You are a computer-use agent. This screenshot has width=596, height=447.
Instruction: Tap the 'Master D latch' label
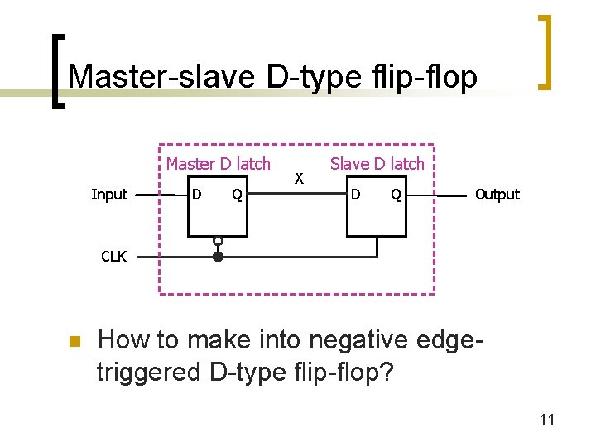pos(218,163)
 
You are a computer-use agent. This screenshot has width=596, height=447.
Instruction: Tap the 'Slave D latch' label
pos(377,163)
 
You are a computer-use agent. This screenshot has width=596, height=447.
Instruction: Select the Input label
pos(109,195)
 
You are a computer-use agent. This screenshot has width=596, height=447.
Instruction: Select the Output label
pos(497,195)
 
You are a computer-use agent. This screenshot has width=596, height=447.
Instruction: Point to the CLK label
pos(113,257)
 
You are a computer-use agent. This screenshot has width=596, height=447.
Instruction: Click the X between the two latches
pos(300,178)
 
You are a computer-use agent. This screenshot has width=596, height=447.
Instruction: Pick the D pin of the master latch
pos(196,195)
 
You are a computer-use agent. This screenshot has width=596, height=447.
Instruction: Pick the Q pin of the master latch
pos(237,195)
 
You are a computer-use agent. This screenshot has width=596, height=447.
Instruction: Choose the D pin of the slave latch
pos(355,195)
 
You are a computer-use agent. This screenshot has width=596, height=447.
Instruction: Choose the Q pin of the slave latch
pos(397,195)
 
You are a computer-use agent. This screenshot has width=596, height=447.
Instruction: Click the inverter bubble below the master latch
pos(218,241)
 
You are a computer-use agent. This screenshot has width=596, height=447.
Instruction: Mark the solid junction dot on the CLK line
pos(218,257)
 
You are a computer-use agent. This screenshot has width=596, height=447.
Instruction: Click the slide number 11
pos(546,420)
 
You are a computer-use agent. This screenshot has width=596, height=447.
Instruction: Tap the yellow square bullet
pos(73,341)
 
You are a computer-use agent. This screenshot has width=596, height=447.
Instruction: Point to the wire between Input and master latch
pos(157,195)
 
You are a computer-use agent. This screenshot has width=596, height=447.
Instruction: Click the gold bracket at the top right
pos(545,51)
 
